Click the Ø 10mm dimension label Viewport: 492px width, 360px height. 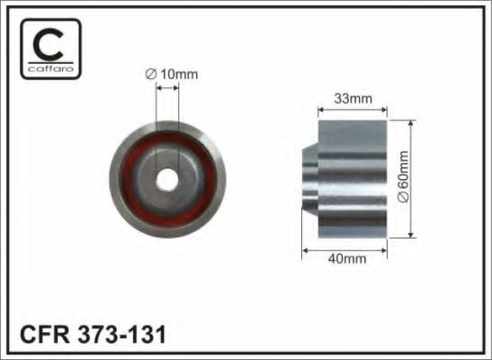click(x=172, y=75)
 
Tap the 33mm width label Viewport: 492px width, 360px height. click(x=353, y=99)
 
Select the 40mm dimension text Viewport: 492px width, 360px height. click(x=346, y=259)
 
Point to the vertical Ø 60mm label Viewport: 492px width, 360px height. click(x=403, y=176)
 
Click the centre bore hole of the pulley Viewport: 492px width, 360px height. click(x=167, y=179)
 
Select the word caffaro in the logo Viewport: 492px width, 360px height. click(x=50, y=68)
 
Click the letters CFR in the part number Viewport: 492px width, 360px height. click(x=44, y=335)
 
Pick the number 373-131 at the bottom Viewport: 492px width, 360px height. click(x=121, y=335)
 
